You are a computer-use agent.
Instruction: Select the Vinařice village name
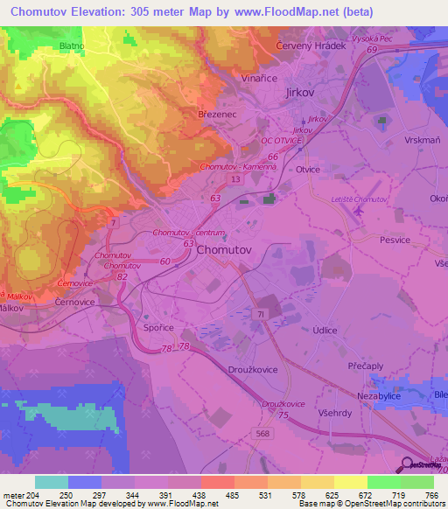click(x=261, y=77)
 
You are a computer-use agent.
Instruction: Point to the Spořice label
click(x=158, y=327)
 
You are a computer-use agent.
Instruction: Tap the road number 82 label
click(x=122, y=276)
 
